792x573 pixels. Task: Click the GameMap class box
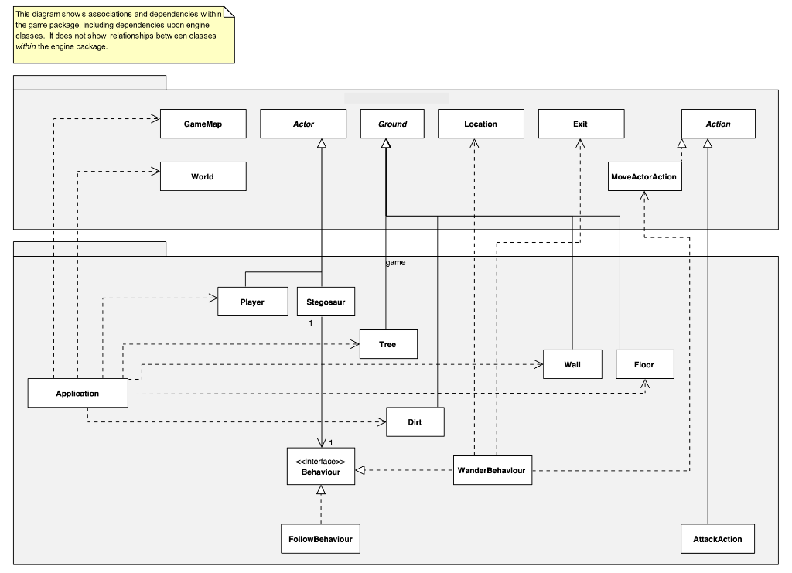(x=203, y=124)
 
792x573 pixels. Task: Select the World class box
(x=203, y=176)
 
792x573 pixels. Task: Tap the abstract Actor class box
(x=303, y=124)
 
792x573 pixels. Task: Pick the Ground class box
(x=392, y=124)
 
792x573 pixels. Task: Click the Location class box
(x=480, y=124)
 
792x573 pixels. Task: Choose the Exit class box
(x=580, y=124)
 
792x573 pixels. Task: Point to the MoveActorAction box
(x=644, y=177)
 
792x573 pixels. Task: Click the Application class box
(x=77, y=393)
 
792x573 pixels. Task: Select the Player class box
(x=252, y=302)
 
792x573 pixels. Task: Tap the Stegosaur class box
(x=326, y=302)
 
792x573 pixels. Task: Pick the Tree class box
(x=387, y=344)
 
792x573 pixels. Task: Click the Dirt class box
(x=415, y=422)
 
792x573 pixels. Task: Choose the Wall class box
(x=572, y=364)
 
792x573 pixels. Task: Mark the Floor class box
(x=644, y=364)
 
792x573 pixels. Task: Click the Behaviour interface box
(x=320, y=466)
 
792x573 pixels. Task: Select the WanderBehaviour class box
(x=493, y=470)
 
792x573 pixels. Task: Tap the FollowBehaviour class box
(x=320, y=539)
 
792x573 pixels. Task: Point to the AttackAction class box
(x=718, y=539)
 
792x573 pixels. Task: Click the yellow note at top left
(x=124, y=35)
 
